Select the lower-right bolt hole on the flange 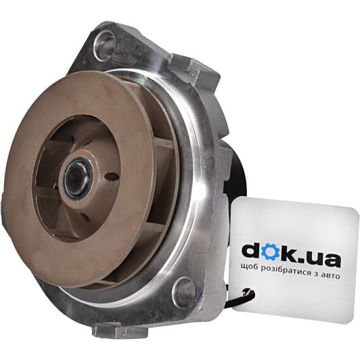click(183, 292)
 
